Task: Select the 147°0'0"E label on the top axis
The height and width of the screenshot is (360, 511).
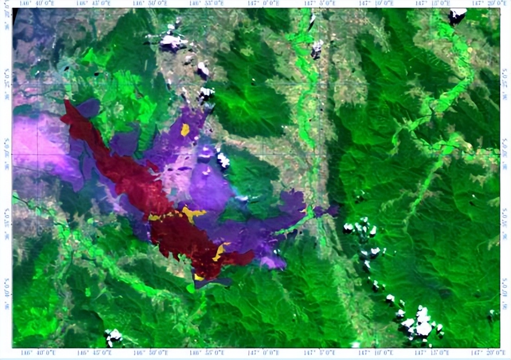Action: click(x=265, y=4)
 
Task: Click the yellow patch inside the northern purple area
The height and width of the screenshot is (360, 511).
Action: click(x=185, y=129)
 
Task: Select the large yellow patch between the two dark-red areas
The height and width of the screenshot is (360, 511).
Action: click(x=192, y=214)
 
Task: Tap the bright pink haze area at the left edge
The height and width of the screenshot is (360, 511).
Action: click(x=37, y=139)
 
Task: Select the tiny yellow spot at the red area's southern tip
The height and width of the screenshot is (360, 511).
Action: click(x=198, y=277)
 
